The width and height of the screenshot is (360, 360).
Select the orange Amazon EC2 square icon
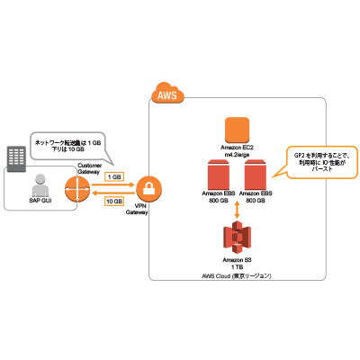(x=236, y=130)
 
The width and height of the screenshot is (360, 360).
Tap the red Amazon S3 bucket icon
(x=236, y=239)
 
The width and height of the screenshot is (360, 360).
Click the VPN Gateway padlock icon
(x=148, y=188)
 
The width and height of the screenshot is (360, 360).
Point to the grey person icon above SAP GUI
(x=39, y=187)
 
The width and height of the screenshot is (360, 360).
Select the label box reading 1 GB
(x=114, y=176)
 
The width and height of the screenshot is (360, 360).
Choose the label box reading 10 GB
(x=114, y=202)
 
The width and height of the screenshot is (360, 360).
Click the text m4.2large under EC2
(x=236, y=154)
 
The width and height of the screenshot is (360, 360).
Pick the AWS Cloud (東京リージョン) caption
(x=236, y=274)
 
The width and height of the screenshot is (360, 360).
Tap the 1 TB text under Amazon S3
(x=236, y=266)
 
